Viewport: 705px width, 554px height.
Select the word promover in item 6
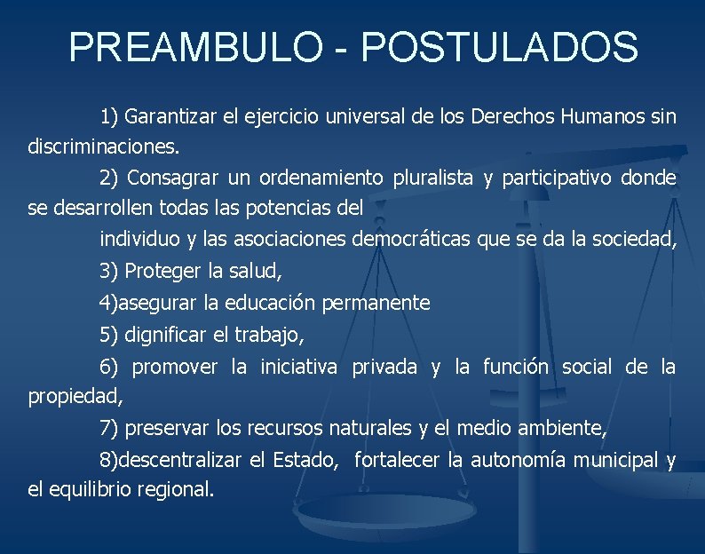click(174, 367)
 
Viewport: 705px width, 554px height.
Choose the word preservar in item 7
click(168, 430)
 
